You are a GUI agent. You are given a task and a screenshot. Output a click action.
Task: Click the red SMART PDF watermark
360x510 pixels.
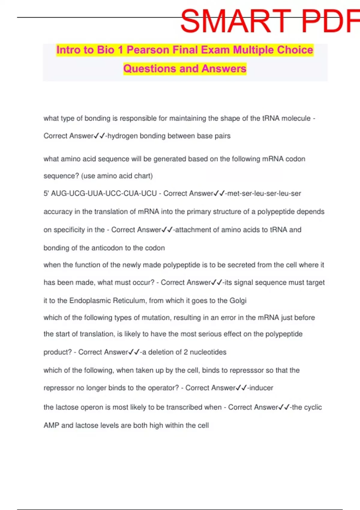(x=270, y=21)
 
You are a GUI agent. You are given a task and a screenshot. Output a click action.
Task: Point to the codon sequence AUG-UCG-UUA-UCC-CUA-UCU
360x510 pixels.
(x=104, y=193)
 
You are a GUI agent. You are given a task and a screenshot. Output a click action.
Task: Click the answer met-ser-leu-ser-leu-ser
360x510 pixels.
(x=264, y=193)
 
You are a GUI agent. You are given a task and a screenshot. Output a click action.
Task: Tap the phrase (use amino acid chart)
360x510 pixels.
(x=117, y=176)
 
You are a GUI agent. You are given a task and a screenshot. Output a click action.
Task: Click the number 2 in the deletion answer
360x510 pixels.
(x=186, y=352)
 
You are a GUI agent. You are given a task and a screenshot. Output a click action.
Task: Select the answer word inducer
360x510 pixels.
(x=261, y=388)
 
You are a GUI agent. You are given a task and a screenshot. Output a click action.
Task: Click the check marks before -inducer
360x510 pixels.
(x=241, y=388)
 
